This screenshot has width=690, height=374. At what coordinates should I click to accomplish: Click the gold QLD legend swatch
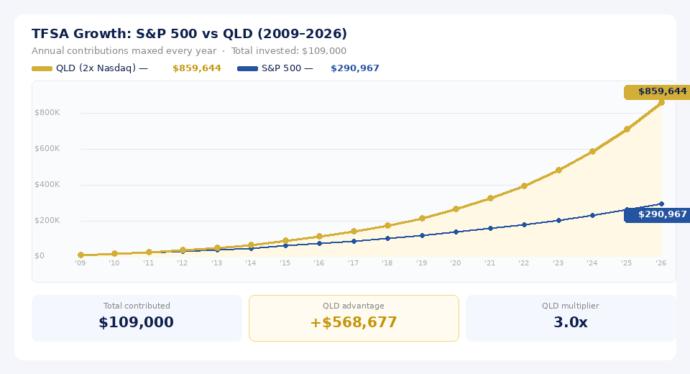click(x=42, y=68)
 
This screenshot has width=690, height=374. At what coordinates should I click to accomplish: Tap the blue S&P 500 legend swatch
click(x=247, y=68)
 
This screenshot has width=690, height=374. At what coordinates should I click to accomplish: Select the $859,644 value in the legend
click(x=196, y=68)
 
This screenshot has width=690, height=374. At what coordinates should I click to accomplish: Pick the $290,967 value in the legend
click(x=354, y=68)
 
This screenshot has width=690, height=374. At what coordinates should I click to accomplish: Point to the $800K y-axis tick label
click(x=47, y=112)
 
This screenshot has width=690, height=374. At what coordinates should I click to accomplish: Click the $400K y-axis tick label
click(x=47, y=184)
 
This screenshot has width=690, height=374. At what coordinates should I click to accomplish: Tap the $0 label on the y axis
click(x=39, y=255)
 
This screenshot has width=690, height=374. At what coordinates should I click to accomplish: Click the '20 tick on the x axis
click(x=456, y=263)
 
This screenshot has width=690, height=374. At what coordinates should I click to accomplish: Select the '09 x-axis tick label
click(x=80, y=263)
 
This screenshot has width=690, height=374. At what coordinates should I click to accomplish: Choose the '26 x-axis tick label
click(x=661, y=263)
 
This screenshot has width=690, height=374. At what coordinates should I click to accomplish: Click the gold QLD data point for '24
click(x=592, y=152)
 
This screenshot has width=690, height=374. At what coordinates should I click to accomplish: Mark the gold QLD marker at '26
click(x=661, y=103)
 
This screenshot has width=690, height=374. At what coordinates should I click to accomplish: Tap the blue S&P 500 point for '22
click(x=524, y=224)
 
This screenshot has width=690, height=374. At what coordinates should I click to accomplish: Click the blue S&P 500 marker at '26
click(x=661, y=204)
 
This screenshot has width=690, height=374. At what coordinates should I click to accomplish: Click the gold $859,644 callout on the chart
click(x=657, y=92)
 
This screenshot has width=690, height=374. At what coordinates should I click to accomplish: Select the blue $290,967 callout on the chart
click(x=657, y=214)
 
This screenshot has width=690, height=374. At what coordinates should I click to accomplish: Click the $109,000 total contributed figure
click(x=137, y=322)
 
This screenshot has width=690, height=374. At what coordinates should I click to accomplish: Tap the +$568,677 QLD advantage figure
click(x=354, y=322)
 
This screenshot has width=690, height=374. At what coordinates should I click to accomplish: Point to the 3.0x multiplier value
click(x=571, y=322)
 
